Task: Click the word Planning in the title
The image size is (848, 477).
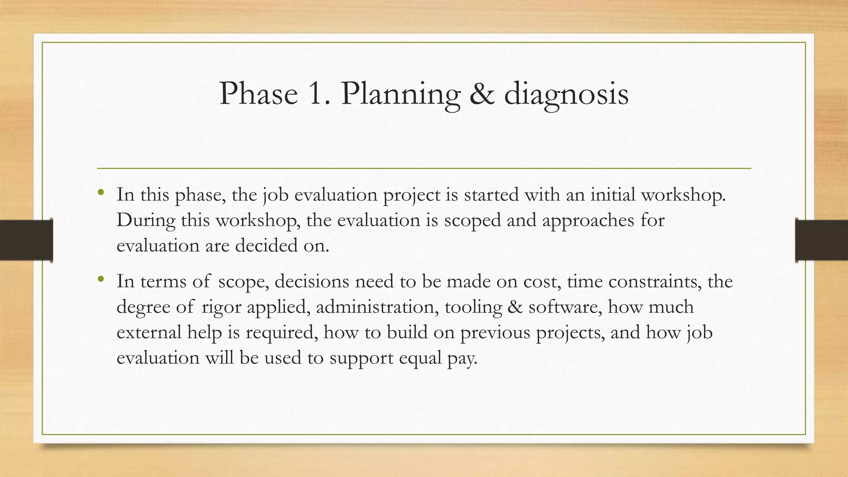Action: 400,94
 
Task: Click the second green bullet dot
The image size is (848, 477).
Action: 101,279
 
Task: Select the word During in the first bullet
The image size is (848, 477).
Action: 146,220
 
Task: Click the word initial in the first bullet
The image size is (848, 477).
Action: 612,195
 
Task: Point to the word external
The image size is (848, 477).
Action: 149,332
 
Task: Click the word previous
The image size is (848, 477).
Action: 495,332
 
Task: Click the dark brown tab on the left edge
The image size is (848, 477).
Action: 26,240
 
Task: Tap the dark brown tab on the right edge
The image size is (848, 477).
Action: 821,240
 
